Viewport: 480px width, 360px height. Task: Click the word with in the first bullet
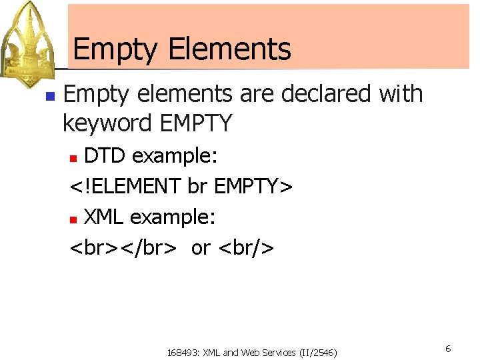(401, 94)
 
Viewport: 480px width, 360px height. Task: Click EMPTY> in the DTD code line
(253, 187)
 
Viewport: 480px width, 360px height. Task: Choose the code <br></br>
(124, 247)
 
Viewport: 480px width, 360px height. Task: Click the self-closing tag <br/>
(246, 247)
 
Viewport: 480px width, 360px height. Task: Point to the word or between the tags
(200, 248)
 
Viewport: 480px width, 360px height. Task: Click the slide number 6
(449, 349)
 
